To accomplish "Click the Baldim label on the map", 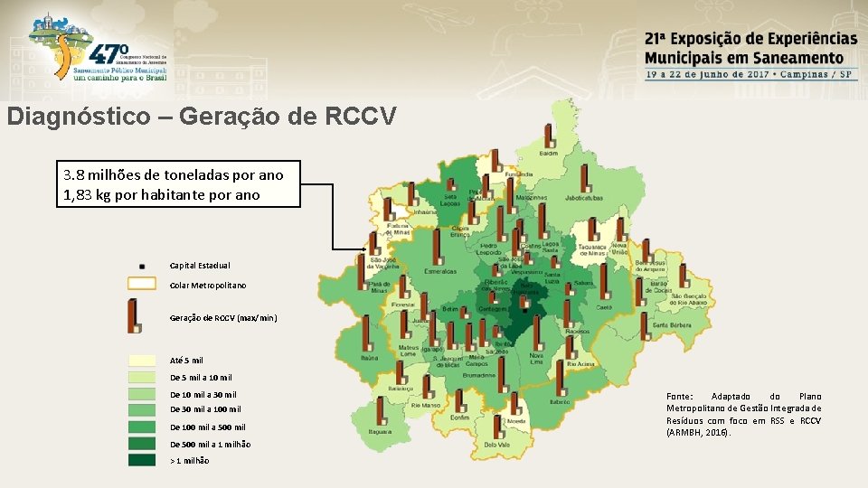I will click(549, 153).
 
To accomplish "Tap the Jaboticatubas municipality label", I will click(583, 197).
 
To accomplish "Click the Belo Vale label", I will click(496, 444).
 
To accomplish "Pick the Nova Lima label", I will click(537, 359).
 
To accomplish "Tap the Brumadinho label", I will click(478, 374).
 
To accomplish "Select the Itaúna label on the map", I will click(369, 358).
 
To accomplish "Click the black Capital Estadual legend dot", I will click(142, 267).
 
